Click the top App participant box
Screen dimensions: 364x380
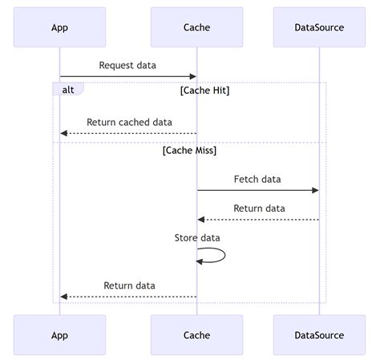59,27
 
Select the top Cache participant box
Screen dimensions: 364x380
196,27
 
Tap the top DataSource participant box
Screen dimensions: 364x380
319,27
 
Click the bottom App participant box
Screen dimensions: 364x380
59,335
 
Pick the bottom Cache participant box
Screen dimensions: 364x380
196,335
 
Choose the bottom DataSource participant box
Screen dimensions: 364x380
319,335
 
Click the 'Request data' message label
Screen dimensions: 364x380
127,65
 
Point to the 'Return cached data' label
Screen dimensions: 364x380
129,123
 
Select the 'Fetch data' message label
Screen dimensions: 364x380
257,179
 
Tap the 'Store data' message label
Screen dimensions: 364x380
197,237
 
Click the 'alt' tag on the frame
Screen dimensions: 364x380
67,90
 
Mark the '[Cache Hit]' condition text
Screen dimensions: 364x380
205,91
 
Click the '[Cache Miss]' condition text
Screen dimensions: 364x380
189,150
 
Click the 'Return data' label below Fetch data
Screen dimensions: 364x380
259,208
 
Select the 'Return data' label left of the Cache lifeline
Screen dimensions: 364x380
129,285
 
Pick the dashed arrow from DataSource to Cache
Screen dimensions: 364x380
257,220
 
